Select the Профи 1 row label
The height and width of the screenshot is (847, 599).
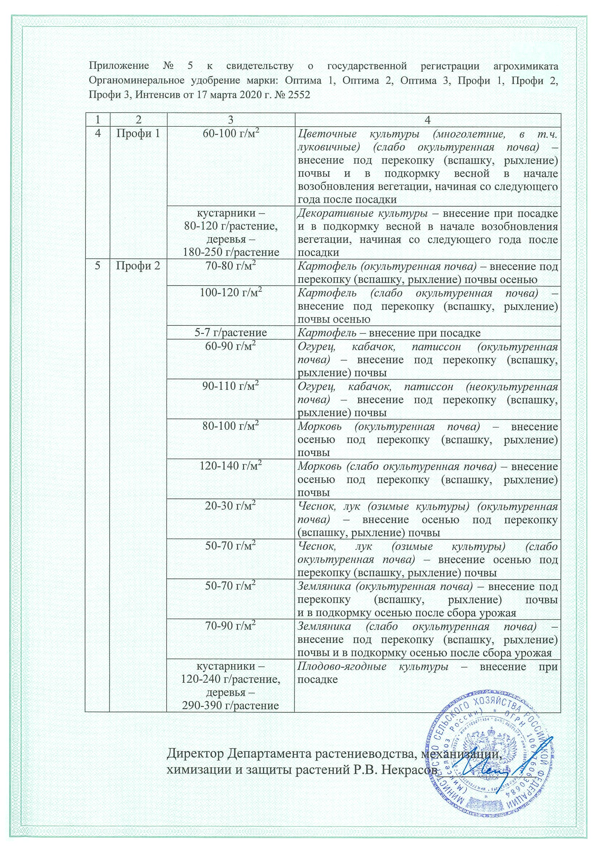[138, 134]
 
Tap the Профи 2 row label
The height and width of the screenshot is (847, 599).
[138, 266]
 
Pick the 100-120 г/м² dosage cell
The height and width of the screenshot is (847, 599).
[231, 294]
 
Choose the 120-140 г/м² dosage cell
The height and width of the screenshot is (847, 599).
[231, 467]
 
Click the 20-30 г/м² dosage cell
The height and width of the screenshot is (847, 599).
[231, 507]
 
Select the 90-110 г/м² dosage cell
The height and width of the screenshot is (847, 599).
[231, 387]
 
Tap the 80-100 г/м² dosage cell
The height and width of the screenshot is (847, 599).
[231, 426]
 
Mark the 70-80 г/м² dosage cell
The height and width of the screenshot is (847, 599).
[231, 266]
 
